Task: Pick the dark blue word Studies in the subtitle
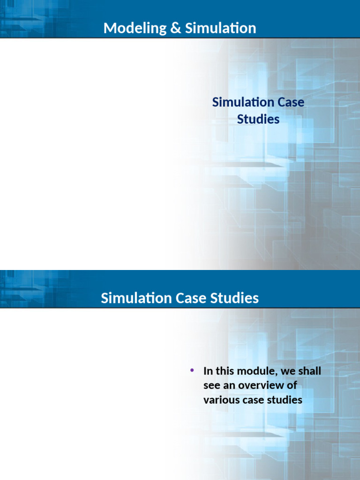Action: [258, 119]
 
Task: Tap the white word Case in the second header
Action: [191, 298]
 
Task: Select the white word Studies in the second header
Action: [234, 298]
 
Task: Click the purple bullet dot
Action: [192, 371]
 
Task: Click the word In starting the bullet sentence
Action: [208, 371]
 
